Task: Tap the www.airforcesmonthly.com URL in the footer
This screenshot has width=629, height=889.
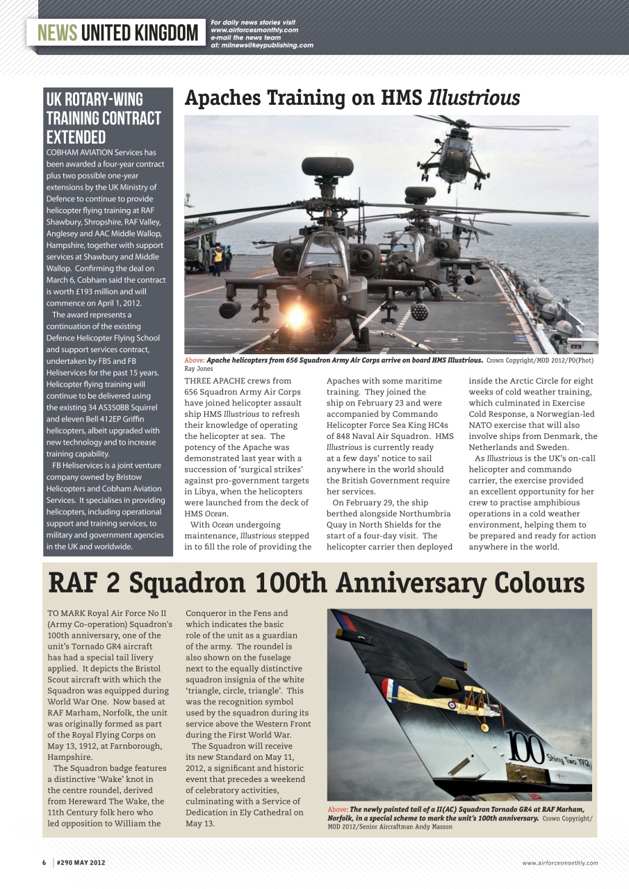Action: [559, 863]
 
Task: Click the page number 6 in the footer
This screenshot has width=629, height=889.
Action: [44, 863]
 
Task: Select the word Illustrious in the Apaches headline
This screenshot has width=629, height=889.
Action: [473, 98]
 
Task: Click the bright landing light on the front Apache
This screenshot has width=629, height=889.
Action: [296, 316]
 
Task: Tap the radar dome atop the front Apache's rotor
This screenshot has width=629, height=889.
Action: [327, 167]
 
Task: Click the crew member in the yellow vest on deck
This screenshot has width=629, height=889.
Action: [218, 257]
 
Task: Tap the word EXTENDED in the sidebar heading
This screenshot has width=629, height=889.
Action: [76, 137]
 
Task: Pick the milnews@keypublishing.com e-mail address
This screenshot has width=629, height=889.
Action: [271, 45]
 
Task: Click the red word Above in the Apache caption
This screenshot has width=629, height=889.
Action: [194, 360]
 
